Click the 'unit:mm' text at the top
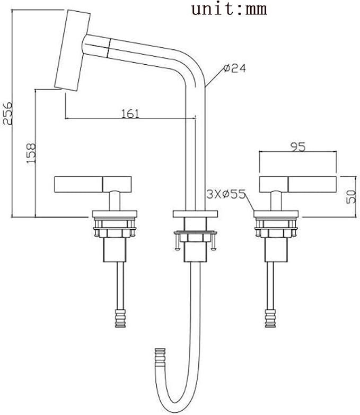pyautogui.click(x=229, y=9)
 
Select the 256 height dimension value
pyautogui.click(x=7, y=113)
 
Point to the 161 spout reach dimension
pyautogui.click(x=130, y=114)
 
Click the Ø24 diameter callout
pyautogui.click(x=234, y=68)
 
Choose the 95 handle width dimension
pyautogui.click(x=298, y=147)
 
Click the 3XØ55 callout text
pyautogui.click(x=226, y=194)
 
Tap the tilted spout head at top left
pyautogui.click(x=73, y=50)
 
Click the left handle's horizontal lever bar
pyautogui.click(x=93, y=184)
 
